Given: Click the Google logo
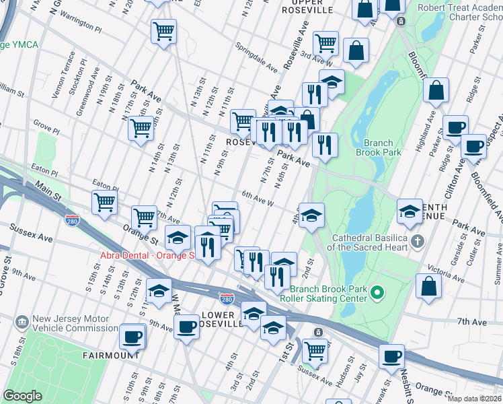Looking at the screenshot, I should coord(22,396).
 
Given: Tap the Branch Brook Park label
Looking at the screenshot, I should coord(382,147).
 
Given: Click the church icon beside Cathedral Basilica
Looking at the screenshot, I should coord(418,240).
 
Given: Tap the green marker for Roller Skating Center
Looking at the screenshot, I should coord(377,292).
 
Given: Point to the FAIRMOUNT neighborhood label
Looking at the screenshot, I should coord(112,355).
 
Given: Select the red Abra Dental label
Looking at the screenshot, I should coord(147,255).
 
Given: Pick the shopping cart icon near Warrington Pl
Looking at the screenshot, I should coord(164,31).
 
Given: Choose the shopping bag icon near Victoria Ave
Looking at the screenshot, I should coord(428,285).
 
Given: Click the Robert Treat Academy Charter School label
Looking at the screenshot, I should coord(459,13).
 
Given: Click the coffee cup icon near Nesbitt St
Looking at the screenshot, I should coord(392,356).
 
